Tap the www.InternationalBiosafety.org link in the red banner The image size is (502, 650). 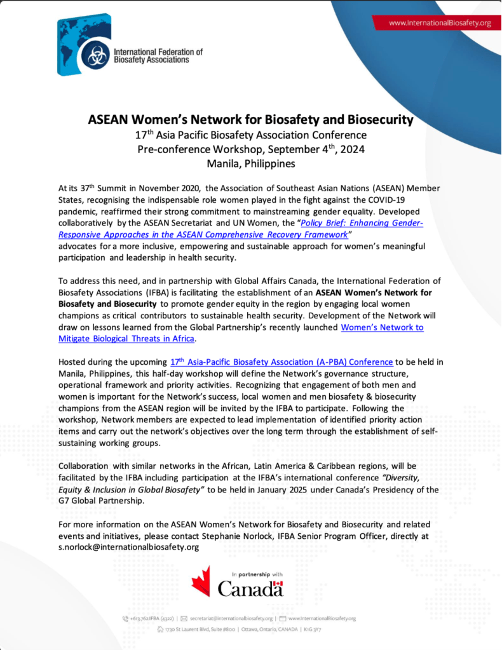click(x=440, y=23)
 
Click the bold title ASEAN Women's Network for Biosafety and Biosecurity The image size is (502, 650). click(x=251, y=119)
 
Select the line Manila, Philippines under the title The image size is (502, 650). click(x=251, y=163)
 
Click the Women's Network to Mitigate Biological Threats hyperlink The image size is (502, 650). click(x=382, y=327)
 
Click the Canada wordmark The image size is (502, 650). click(x=250, y=589)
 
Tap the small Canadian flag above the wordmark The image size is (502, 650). click(x=277, y=584)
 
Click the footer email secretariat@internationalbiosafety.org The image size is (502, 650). click(x=231, y=618)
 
